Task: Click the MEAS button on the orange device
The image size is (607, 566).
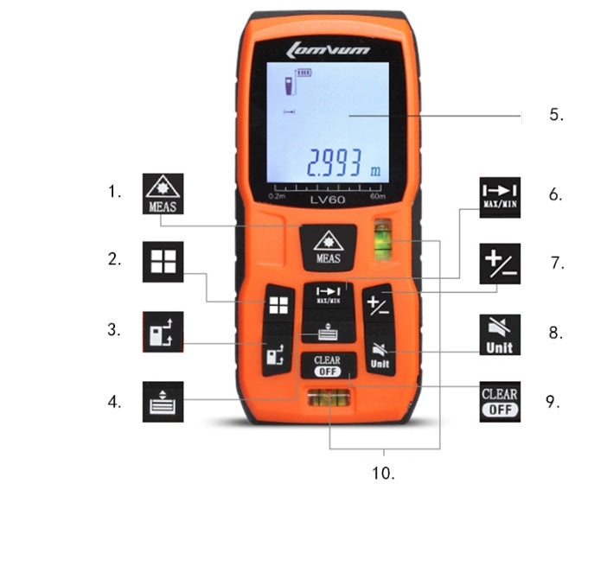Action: tap(328, 248)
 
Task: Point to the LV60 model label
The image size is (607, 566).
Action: tap(328, 200)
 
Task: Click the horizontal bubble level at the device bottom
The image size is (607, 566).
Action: tap(329, 399)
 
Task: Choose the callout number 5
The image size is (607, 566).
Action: tap(556, 115)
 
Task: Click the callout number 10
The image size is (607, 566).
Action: tap(384, 474)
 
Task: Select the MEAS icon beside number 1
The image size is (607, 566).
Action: tap(163, 194)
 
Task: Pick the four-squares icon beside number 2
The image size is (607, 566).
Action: tap(163, 263)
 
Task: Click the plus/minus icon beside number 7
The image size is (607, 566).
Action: tap(500, 263)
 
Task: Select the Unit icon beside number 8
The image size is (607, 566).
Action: tap(500, 334)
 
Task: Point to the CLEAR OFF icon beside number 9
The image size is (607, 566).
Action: tap(500, 402)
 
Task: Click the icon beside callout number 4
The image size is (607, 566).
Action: tap(163, 402)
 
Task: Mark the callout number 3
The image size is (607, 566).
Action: tap(113, 329)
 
